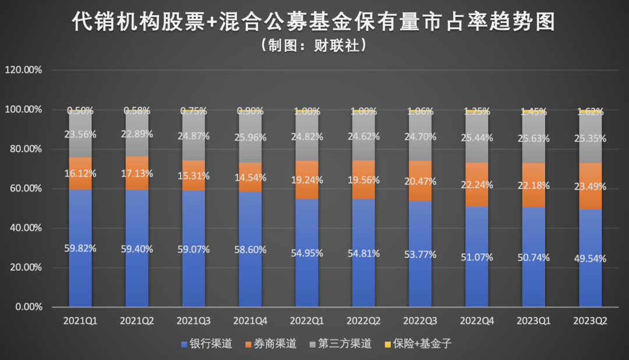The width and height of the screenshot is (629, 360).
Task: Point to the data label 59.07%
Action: pos(194,249)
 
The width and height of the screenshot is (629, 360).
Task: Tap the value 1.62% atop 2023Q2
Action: pos(590,111)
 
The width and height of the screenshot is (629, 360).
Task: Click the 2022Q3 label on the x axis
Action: pos(420,321)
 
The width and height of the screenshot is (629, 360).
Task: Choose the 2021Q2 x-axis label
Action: pos(137,321)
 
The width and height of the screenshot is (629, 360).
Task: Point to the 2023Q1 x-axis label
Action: pos(533,321)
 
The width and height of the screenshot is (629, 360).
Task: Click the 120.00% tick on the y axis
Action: pos(24,70)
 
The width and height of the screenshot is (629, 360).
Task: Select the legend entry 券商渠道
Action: pos(275,344)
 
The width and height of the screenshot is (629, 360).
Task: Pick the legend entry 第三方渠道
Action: pos(344,344)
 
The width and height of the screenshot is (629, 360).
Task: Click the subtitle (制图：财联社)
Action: pos(314,45)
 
